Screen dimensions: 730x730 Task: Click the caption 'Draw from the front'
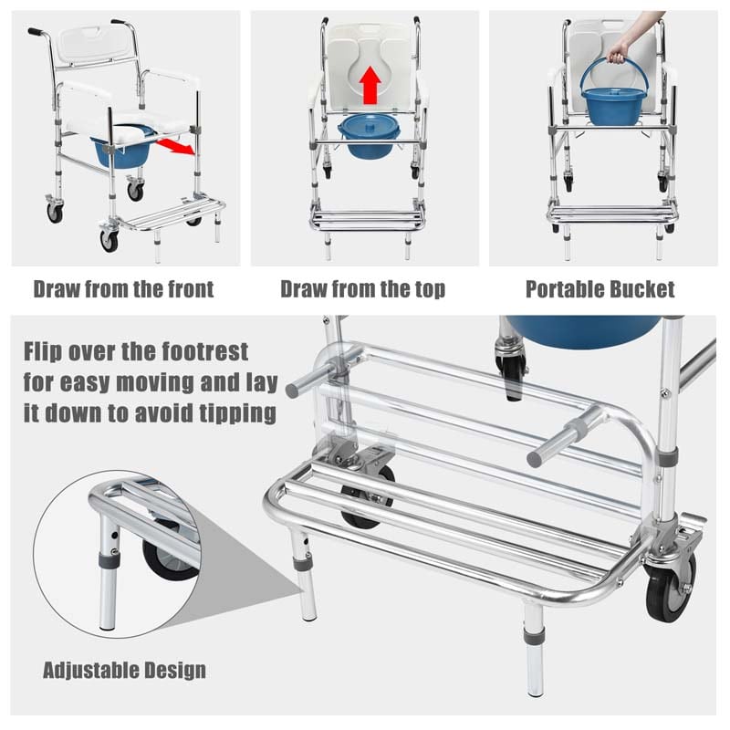(x=123, y=290)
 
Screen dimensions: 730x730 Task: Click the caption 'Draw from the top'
(x=363, y=290)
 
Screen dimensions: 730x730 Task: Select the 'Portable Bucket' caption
(x=600, y=290)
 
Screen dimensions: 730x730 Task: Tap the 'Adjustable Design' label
(x=124, y=670)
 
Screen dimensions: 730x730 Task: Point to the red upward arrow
(x=370, y=86)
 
